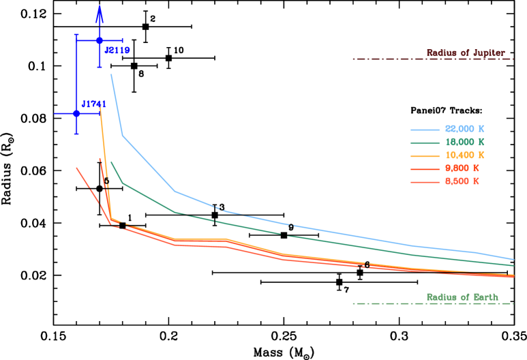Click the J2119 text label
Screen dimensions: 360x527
click(117, 50)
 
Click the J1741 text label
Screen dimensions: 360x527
click(94, 104)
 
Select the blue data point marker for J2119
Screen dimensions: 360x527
click(100, 41)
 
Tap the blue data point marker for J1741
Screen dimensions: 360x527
click(76, 113)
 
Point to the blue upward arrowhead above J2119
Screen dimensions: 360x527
click(100, 12)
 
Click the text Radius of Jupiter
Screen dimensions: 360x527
click(466, 52)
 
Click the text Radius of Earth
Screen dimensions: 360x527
click(462, 297)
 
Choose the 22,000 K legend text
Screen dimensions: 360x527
click(464, 129)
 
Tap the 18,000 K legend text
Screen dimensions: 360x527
click(464, 142)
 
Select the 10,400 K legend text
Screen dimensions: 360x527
click(464, 155)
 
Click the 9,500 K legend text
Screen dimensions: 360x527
click(462, 168)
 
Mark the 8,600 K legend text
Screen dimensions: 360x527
click(462, 181)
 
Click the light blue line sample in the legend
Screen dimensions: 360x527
click(425, 130)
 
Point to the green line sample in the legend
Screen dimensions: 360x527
click(425, 142)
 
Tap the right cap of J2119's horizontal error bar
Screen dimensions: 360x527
click(123, 41)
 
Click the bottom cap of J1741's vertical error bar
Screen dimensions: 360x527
click(76, 134)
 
